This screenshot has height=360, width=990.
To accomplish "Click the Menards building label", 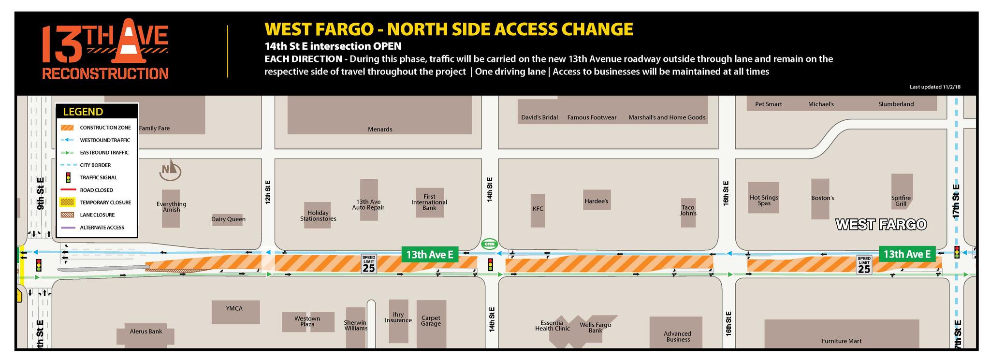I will [x=380, y=130].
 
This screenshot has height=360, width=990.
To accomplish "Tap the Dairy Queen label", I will [x=228, y=219].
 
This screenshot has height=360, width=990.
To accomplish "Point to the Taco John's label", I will [x=688, y=211].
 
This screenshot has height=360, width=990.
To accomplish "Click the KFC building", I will [x=538, y=210].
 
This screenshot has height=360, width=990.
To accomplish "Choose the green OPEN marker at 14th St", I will [x=490, y=244].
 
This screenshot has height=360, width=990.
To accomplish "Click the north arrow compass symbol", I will [x=170, y=170].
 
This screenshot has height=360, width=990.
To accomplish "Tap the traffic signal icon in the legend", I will [x=69, y=177].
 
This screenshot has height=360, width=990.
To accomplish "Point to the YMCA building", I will [x=235, y=312].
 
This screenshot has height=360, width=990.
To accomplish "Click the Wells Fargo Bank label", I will [x=595, y=328].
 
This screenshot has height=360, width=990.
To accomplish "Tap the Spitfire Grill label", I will [x=901, y=201].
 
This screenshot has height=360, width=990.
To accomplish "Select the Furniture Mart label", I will [x=842, y=341].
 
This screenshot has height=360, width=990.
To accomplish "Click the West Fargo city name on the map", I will [x=881, y=225].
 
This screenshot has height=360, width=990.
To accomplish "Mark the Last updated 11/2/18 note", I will [x=935, y=87].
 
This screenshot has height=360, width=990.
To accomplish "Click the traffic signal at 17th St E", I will [x=957, y=252].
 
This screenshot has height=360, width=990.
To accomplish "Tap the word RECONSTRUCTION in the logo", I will [x=105, y=74].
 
